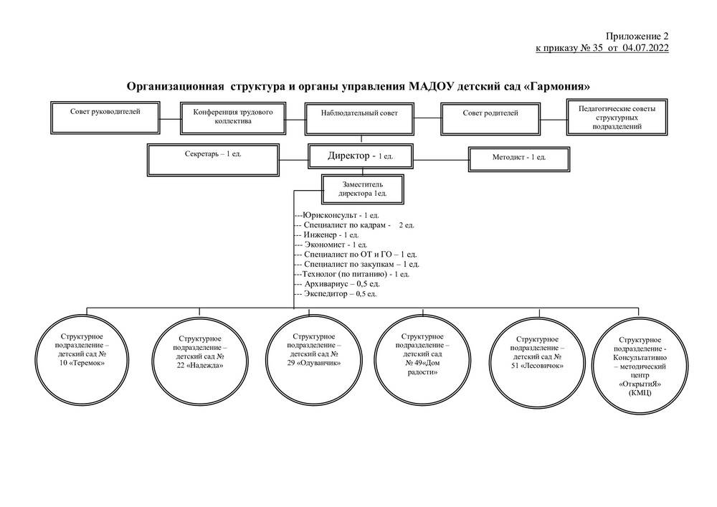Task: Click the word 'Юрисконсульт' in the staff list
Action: pyautogui.click(x=329, y=215)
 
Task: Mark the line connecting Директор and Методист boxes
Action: pyautogui.click(x=441, y=159)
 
